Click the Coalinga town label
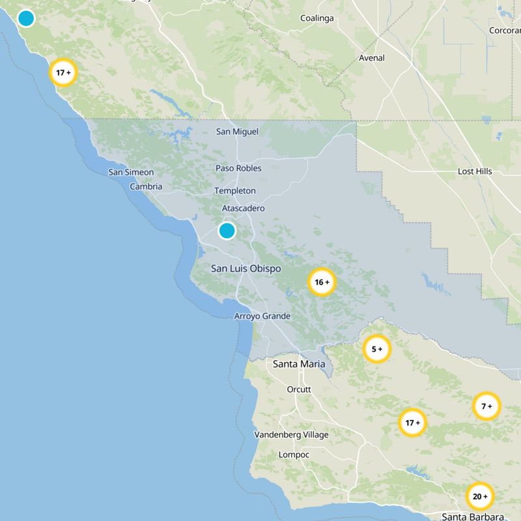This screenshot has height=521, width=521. [x=317, y=18]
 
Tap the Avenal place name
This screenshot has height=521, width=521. [x=371, y=58]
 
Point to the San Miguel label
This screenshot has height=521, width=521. [x=237, y=132]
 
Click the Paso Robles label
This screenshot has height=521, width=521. [x=238, y=168]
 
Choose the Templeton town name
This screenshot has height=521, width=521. [x=234, y=191]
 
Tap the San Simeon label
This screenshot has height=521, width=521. [x=131, y=173]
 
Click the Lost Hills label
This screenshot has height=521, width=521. [x=475, y=171]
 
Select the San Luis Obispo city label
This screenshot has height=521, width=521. [x=246, y=268]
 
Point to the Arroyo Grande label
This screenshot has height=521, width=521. [x=262, y=317]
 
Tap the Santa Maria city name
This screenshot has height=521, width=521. [x=299, y=364]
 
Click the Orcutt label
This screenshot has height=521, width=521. [x=299, y=389]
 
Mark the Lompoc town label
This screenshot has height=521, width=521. [x=294, y=455]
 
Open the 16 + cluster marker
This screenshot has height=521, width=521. [x=321, y=282]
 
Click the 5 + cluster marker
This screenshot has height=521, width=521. [x=376, y=349]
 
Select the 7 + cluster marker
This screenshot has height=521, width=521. [x=486, y=406]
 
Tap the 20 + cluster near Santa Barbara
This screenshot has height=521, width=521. [x=480, y=497]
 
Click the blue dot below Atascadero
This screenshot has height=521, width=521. [x=227, y=231]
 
